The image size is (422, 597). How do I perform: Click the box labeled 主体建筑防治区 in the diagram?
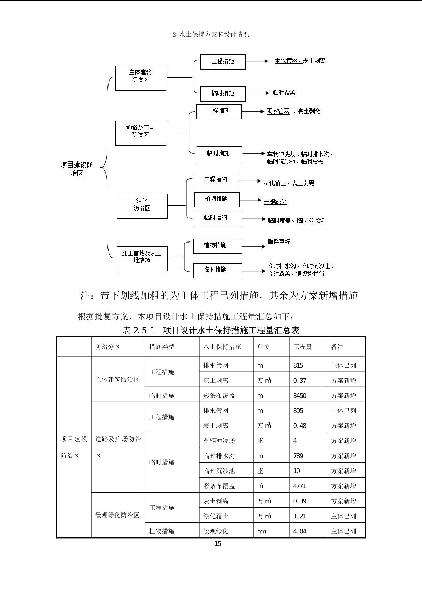pos(140,78)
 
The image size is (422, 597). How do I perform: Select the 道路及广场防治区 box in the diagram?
pos(140,133)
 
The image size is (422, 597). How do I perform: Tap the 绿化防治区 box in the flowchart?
pos(142,206)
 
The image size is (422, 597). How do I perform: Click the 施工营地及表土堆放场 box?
pos(142,258)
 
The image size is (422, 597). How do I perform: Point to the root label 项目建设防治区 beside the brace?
pos(77,169)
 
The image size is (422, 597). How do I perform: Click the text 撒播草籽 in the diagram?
pos(279,242)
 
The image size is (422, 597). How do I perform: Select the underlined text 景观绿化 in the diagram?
pos(275,202)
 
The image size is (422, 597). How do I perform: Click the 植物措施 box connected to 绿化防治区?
pos(216,199)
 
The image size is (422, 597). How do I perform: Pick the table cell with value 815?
pos(298,365)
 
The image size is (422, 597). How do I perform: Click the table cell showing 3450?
pos(299,396)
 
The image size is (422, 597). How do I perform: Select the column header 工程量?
pos(302,347)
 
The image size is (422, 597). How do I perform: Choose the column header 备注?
pos(337,347)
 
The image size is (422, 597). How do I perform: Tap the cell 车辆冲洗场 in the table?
pos(219,441)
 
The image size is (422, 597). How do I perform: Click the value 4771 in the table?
pos(299,486)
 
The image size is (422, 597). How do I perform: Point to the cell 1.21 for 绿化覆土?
pos(299,516)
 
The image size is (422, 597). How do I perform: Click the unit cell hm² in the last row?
pos(261,531)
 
